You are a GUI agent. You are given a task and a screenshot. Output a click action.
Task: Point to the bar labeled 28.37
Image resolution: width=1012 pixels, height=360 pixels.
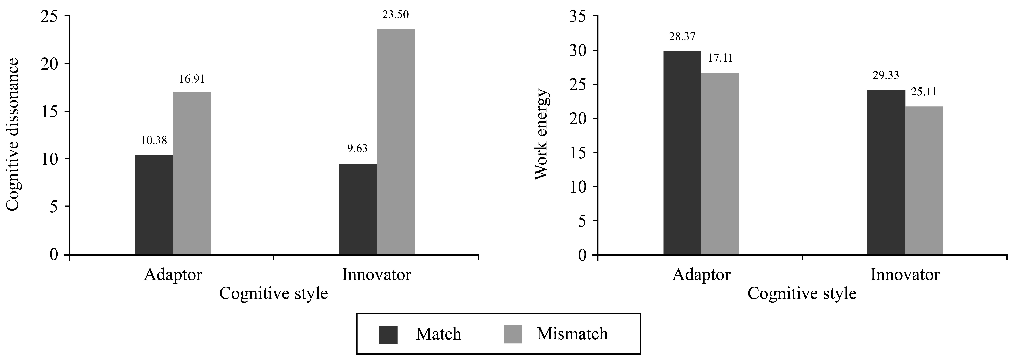pyautogui.click(x=682, y=153)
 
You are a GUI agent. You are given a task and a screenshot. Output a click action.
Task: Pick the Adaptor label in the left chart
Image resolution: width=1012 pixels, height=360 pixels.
pyautogui.click(x=173, y=274)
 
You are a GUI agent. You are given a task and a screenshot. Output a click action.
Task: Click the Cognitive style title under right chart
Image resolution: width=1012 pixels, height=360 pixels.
pyautogui.click(x=801, y=294)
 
